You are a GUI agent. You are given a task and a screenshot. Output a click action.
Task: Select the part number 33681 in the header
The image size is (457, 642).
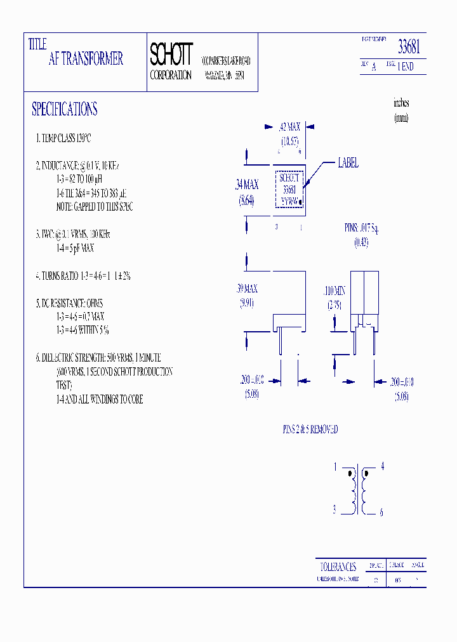click(409, 47)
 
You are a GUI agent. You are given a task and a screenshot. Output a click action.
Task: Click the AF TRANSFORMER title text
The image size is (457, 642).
click(86, 60)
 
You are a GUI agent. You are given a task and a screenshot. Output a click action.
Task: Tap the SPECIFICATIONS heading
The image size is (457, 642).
click(65, 109)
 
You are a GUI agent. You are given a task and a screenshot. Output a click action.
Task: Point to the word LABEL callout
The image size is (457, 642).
click(348, 163)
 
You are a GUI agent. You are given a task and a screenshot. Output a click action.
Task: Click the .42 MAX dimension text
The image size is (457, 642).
click(289, 127)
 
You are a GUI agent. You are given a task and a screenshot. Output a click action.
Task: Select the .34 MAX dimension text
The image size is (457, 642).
click(247, 185)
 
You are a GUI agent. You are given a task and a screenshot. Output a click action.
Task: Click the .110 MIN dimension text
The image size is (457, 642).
click(334, 291)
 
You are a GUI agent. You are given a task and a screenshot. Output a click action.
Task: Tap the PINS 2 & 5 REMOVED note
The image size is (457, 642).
click(310, 429)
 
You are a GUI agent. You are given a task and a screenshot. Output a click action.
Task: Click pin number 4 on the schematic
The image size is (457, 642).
click(382, 466)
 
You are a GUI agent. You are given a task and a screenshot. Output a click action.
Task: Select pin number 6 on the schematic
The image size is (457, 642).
click(381, 513)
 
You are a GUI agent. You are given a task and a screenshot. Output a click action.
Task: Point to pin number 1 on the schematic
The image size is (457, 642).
click(334, 467)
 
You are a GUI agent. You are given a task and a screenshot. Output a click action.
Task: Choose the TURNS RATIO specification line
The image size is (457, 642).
click(83, 276)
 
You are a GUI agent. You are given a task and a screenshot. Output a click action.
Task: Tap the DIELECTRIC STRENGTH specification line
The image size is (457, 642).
click(98, 358)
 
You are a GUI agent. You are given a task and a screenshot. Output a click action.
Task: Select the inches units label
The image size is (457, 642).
click(401, 103)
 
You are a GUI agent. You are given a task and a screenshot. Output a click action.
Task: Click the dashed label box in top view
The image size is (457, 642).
click(289, 189)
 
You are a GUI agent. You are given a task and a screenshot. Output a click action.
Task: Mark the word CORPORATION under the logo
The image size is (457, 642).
click(171, 75)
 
